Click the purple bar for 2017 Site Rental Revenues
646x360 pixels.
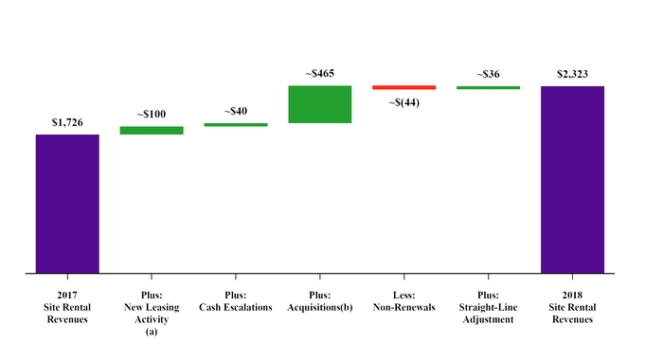(x=67, y=204)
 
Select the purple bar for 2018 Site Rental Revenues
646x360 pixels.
(x=572, y=179)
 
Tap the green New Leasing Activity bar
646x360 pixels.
(x=152, y=131)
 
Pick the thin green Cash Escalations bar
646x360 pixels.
(x=236, y=124)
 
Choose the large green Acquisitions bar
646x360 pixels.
(x=320, y=104)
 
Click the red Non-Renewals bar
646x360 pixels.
(x=404, y=87)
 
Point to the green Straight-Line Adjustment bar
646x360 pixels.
(x=488, y=87)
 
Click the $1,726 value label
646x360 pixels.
(x=67, y=123)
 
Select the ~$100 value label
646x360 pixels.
(x=152, y=115)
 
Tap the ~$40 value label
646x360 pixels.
(x=236, y=112)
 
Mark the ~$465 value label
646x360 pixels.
(x=320, y=74)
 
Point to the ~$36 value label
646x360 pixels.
(x=488, y=74)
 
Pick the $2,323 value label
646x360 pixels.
(x=572, y=74)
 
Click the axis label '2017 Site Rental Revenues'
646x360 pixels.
(x=67, y=307)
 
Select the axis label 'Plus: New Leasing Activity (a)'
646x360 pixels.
(x=152, y=314)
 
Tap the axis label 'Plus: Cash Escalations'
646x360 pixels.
(x=236, y=301)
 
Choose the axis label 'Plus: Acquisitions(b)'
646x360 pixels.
(x=320, y=301)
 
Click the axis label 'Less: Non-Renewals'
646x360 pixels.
(x=404, y=301)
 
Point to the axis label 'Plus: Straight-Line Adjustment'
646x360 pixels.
(x=488, y=307)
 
